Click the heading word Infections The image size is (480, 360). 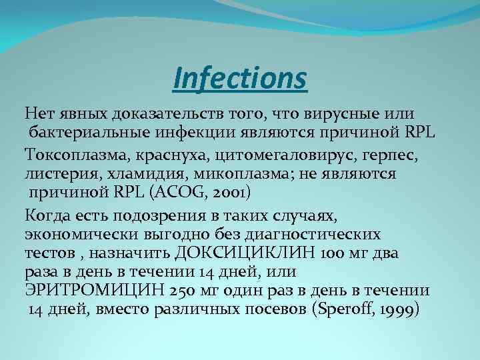click(240, 77)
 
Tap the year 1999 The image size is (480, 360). click(395, 309)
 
